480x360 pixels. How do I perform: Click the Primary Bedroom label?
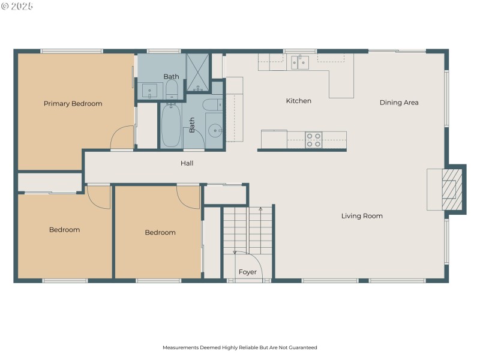(x=73, y=104)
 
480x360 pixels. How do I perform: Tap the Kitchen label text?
(x=298, y=101)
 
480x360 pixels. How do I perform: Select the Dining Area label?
(x=399, y=103)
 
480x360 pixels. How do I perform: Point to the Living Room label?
(x=362, y=216)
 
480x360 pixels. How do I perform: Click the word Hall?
(x=187, y=163)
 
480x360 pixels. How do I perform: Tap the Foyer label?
(x=247, y=272)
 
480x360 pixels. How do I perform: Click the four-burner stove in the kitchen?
(x=314, y=140)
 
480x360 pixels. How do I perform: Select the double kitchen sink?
(x=300, y=62)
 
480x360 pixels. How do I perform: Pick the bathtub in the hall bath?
(x=171, y=125)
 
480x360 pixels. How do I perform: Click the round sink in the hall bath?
(x=215, y=130)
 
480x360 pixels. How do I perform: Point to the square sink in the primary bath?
(x=150, y=91)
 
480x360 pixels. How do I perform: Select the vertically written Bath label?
(x=193, y=124)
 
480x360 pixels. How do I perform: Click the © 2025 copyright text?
(x=17, y=6)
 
